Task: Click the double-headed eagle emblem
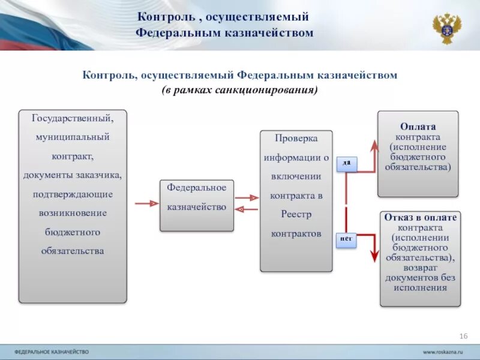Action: tap(447, 28)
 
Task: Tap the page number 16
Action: tap(463, 335)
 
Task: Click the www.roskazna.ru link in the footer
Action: tap(445, 351)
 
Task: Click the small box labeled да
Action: tap(346, 163)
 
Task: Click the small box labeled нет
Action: tap(346, 239)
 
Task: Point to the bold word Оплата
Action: tap(418, 127)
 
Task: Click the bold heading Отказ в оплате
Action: tap(420, 218)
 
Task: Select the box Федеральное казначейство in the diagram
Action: tap(196, 205)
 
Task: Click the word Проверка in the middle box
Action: tap(296, 139)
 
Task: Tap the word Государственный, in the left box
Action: tap(73, 118)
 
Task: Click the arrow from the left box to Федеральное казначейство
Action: tap(146, 204)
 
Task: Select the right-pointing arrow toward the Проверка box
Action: tap(247, 197)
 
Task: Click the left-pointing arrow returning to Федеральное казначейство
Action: tap(247, 209)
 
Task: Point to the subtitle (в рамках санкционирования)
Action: tap(239, 90)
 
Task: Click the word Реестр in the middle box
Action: tap(296, 214)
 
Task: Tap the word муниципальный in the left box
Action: tap(73, 137)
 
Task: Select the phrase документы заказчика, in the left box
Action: tap(73, 175)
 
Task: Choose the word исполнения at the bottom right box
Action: tap(420, 287)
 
